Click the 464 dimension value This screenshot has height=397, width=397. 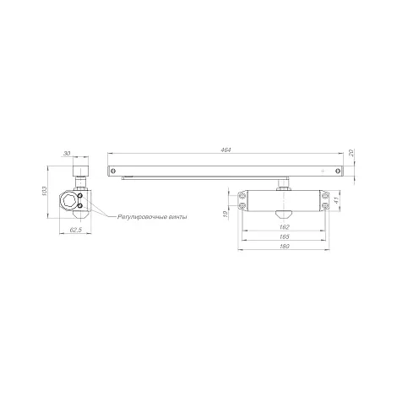[226, 150]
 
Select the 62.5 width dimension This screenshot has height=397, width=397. [75, 230]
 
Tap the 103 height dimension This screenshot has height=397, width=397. [44, 192]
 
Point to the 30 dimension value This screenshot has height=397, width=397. [67, 154]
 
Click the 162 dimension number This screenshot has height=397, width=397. [285, 227]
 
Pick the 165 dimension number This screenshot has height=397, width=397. [285, 237]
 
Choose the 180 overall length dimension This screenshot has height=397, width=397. [285, 247]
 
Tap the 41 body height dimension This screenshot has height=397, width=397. [334, 200]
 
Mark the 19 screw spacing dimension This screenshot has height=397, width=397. [225, 215]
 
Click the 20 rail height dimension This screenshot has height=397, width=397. [351, 153]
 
